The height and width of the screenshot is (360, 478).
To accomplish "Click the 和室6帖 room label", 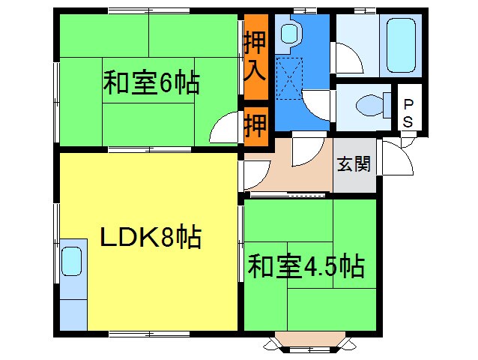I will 151,82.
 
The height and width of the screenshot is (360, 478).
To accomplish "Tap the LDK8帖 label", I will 151,238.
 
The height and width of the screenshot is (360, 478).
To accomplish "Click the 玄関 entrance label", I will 354,164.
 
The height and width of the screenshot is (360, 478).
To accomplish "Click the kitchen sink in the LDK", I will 73,262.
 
